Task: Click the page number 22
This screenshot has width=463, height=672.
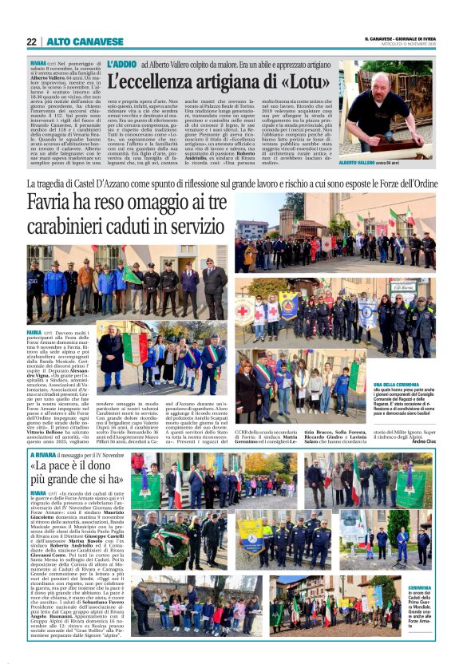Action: point(32,42)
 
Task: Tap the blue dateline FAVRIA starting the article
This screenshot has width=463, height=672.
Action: point(34,331)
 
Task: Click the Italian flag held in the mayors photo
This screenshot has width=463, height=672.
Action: point(131,350)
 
